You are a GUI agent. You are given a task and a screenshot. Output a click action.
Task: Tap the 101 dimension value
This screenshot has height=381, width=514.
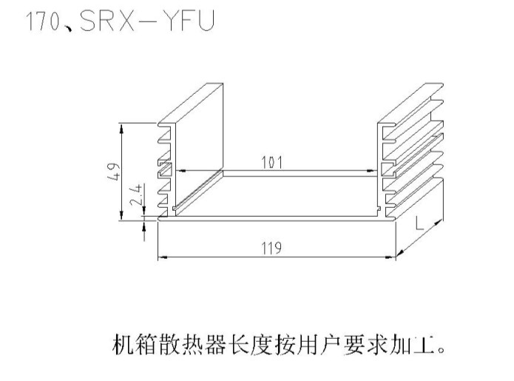272,162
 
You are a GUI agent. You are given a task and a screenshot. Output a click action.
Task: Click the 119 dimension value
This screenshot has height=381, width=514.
272,248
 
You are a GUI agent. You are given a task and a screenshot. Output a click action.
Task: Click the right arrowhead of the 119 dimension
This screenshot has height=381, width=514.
392,257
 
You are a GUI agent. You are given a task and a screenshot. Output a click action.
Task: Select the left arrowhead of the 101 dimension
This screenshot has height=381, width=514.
177,171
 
